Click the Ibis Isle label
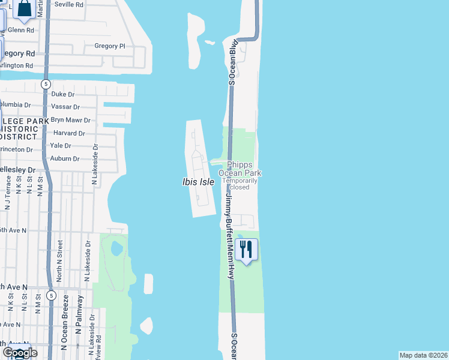198,181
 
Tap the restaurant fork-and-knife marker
247,249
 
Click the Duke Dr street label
63,94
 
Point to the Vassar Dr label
65,107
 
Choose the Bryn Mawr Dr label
70,120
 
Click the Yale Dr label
61,146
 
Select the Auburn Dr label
65,159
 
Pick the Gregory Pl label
110,46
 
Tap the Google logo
20,352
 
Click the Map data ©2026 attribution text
423,355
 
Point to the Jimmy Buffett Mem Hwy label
228,235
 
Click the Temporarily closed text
240,184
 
